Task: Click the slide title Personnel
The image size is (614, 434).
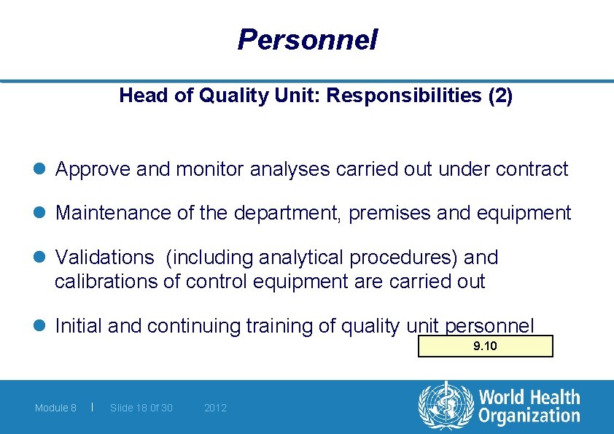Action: point(307,39)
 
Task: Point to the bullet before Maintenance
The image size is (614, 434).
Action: point(41,214)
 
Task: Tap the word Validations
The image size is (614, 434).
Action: point(104,257)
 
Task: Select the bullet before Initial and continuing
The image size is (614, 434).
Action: point(41,326)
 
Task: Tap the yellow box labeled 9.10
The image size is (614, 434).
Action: point(485,346)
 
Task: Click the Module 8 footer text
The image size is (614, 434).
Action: point(55,408)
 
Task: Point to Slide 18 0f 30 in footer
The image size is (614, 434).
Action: point(141,408)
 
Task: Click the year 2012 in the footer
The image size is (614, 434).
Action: point(215,408)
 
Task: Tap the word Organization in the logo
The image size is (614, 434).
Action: point(529,416)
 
